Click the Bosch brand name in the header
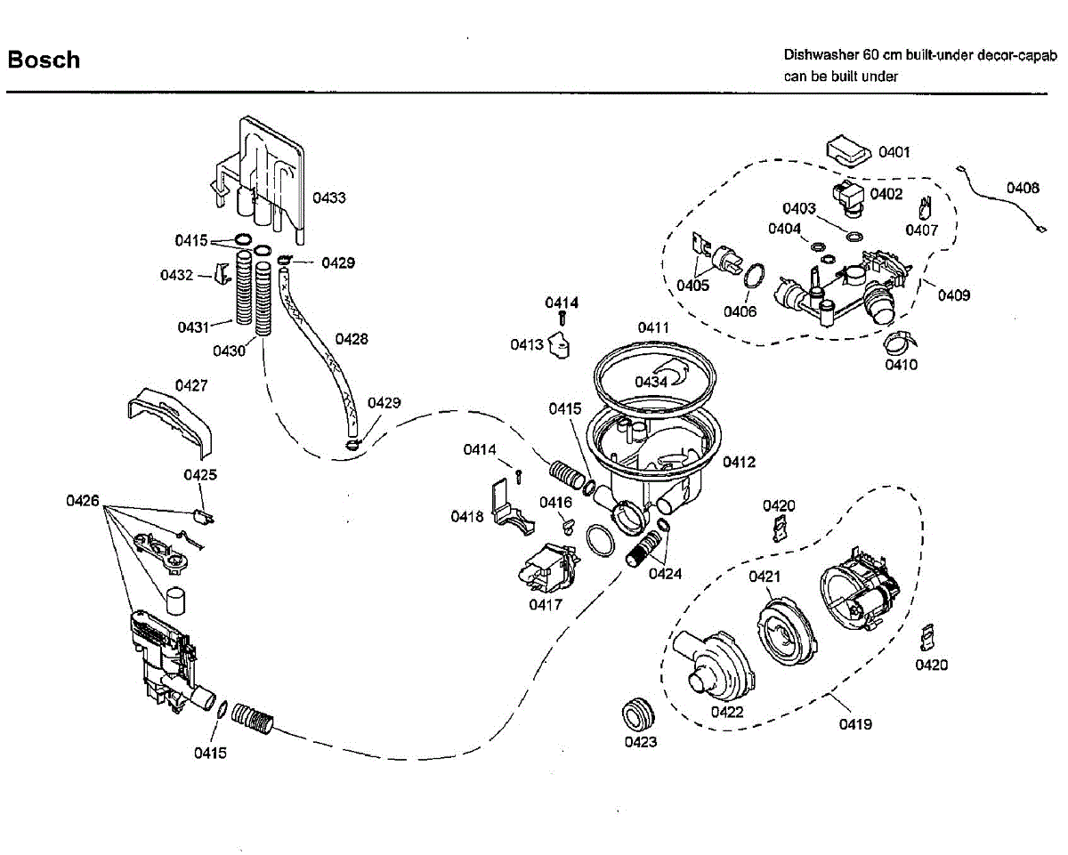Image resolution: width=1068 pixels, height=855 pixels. coord(44,60)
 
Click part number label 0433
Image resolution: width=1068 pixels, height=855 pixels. coord(329,198)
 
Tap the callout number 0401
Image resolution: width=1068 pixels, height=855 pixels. coord(894,152)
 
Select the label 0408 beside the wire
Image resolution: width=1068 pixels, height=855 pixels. coord(1023,188)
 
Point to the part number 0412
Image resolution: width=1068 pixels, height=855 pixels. coord(739,462)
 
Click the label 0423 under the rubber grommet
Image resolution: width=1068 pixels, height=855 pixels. coord(641,742)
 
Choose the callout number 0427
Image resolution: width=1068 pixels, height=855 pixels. coord(191,385)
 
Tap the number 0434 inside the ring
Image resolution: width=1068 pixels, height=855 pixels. coord(651,382)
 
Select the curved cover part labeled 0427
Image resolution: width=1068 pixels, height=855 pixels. coord(170,423)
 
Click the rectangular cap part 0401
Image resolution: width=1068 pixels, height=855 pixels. coord(848,150)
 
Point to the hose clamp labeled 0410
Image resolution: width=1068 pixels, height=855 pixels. coord(901,342)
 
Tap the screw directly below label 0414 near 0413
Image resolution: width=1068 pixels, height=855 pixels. coord(562,319)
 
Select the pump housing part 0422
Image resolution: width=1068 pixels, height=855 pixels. coord(714,665)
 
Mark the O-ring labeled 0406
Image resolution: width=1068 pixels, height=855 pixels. coord(754,276)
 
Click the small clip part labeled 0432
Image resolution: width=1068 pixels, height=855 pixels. coord(222,273)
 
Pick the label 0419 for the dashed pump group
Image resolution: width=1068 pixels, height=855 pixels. coord(855,724)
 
